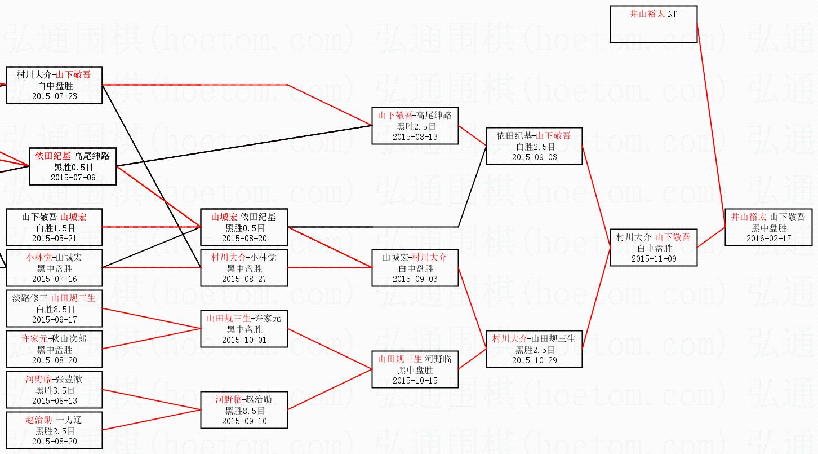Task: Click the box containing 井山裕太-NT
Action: (x=653, y=24)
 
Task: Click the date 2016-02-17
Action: (x=768, y=239)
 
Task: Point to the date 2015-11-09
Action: (x=653, y=259)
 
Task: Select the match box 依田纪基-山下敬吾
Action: (x=534, y=146)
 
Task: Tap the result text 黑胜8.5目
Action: (x=244, y=411)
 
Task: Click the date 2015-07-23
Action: (x=54, y=96)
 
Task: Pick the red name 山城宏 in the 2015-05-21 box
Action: (x=74, y=217)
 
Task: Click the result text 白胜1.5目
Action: (x=54, y=227)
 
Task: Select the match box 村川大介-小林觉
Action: (x=244, y=268)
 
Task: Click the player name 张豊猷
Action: (x=70, y=379)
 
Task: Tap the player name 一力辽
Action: (x=70, y=420)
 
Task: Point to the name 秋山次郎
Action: (x=70, y=338)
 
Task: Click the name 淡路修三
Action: (x=30, y=298)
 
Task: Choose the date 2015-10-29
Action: (x=534, y=360)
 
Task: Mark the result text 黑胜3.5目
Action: (x=54, y=390)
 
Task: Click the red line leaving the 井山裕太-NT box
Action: (x=711, y=124)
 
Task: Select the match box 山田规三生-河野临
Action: (x=415, y=369)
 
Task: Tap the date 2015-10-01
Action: (x=244, y=340)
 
